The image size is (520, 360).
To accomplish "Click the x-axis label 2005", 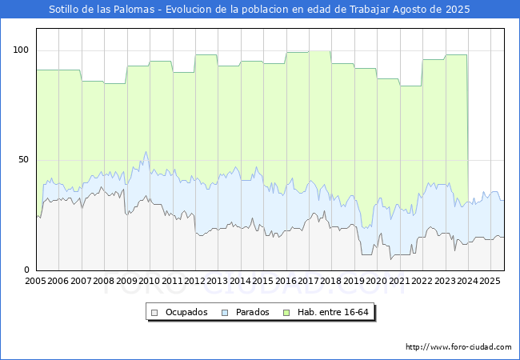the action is pos(35,281).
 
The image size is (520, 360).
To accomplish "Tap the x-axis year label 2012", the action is pos(194,281).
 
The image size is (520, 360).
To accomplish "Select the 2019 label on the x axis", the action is pos(354,281).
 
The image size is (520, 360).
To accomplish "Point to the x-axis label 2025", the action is pos(490,281).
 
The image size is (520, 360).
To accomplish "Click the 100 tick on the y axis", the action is pos(21,50).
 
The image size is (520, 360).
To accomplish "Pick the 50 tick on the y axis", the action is pos(23,160).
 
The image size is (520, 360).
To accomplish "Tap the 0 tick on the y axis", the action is pos(26,270).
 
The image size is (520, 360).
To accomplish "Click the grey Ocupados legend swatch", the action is pos(154,313).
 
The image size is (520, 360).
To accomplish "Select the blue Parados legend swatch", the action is pos(225,313).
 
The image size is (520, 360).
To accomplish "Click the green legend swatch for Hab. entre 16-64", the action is pos(286,313).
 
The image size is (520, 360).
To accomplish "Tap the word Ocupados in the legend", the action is pos(186,312).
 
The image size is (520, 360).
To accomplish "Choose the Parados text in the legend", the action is pos(252,312).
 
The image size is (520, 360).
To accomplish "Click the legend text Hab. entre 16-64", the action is pos(333,312).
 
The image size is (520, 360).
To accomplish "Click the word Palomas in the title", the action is pos(134,10).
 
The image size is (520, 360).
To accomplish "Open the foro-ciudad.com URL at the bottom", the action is pos(458,347).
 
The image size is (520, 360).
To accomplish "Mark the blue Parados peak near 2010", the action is pos(146,152).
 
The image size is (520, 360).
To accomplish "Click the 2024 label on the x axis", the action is pos(467,281).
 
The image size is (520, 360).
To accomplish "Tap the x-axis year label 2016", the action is pos(286,281).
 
